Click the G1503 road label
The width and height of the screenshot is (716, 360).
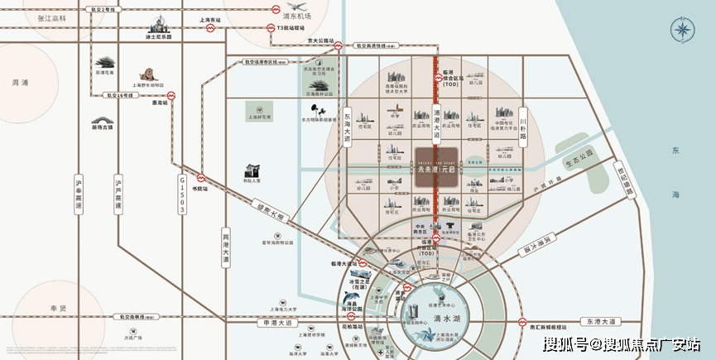[x=182, y=198]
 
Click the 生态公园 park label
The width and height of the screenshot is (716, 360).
[x=576, y=155]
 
